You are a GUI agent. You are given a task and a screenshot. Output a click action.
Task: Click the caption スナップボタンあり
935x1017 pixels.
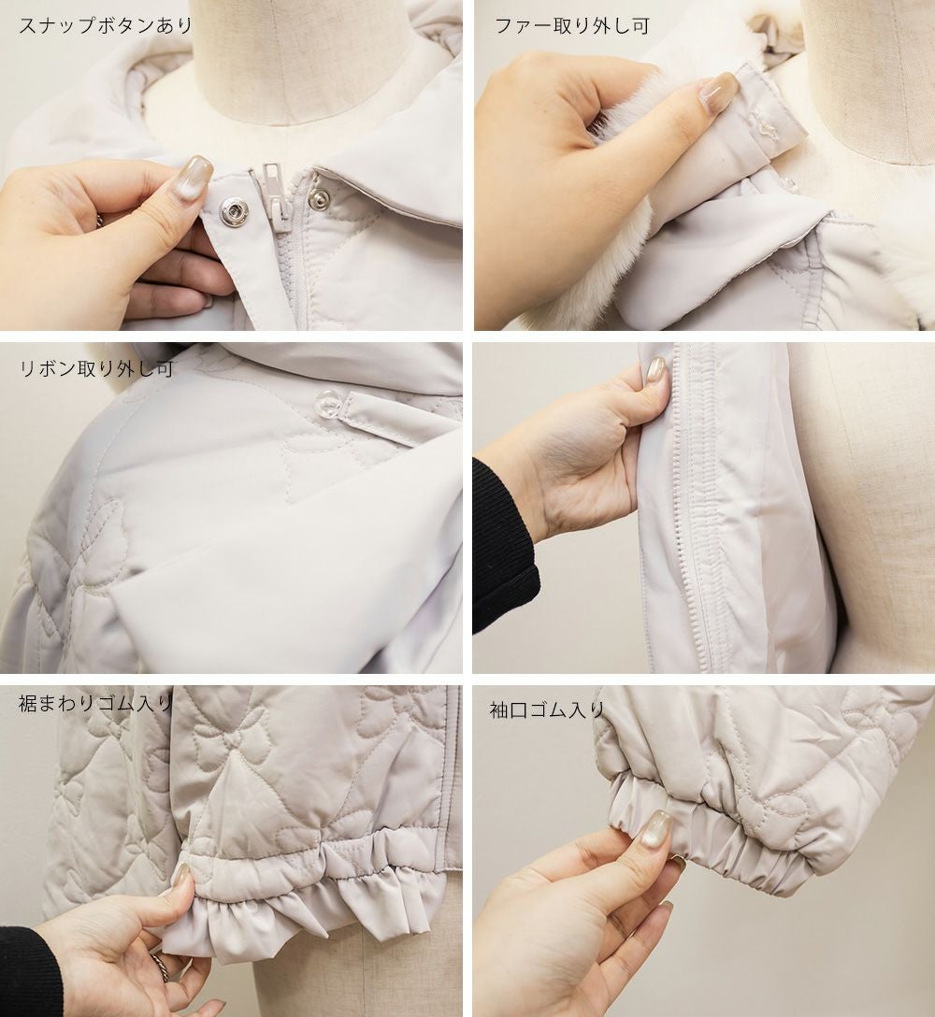pyautogui.click(x=106, y=26)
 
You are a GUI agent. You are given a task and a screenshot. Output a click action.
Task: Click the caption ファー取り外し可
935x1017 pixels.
pyautogui.click(x=571, y=26)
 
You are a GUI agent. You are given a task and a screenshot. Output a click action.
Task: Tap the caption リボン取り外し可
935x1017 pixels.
pyautogui.click(x=96, y=368)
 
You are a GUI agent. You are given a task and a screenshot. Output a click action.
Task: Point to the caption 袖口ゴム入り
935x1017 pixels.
pyautogui.click(x=547, y=709)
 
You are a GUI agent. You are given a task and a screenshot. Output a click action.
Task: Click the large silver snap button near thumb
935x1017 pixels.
pyautogui.click(x=232, y=211)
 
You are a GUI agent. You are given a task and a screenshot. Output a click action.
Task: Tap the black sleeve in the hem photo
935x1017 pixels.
pyautogui.click(x=29, y=969)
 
